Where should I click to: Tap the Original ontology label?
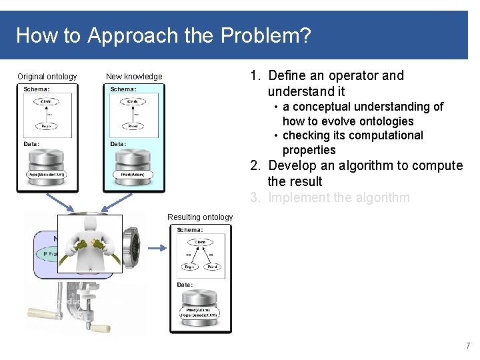(x=47, y=77)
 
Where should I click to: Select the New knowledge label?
(x=134, y=77)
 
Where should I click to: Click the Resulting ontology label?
(x=200, y=217)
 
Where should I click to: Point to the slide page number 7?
(x=467, y=346)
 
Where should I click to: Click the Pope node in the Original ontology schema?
(x=46, y=125)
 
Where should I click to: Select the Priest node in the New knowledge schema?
(x=133, y=125)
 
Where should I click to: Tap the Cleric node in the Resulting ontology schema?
(x=200, y=242)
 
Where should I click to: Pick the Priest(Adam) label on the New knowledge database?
(x=133, y=175)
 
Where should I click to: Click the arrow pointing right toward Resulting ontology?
(x=157, y=248)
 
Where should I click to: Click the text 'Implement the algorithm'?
(x=339, y=197)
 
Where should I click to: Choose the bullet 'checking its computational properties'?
(x=352, y=143)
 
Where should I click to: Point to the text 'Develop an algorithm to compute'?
(x=365, y=165)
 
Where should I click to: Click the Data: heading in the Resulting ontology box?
(x=185, y=285)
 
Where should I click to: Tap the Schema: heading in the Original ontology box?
(x=37, y=89)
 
